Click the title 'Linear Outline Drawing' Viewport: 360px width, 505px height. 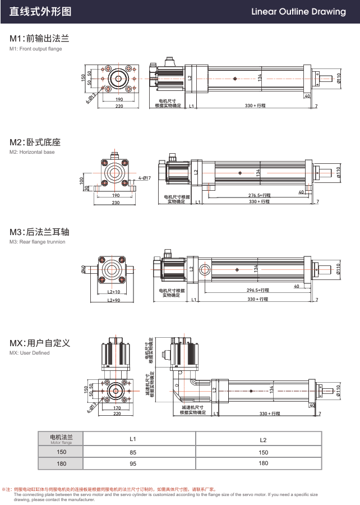coord(298,12)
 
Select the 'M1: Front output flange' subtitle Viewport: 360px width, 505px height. coord(36,49)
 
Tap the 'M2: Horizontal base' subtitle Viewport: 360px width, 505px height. coord(33,152)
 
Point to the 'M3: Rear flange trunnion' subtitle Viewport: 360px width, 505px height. coord(38,242)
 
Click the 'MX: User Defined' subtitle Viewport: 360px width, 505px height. coord(30,353)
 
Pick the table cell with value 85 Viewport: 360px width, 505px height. coord(133,452)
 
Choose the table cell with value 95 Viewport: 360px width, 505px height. coord(133,463)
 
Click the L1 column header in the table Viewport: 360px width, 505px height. coord(133,439)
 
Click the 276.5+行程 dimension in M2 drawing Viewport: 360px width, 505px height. coord(259,195)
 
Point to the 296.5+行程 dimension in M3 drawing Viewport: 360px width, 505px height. coord(257,290)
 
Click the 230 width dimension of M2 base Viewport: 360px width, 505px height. coord(116,202)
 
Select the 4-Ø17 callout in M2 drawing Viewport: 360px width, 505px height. coord(145,178)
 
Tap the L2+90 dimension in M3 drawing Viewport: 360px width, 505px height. coord(113,300)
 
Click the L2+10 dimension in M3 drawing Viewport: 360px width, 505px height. coord(113,292)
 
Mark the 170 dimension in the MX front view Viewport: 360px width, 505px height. coord(117,408)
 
